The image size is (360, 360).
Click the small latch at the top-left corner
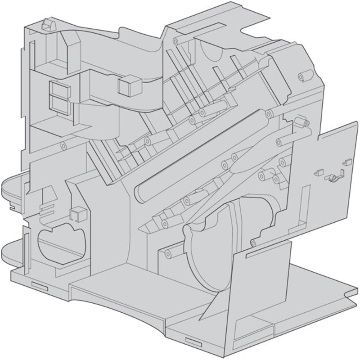(45, 22)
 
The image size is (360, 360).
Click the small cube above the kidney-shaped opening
(75, 214)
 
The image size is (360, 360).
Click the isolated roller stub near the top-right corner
(305, 76)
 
